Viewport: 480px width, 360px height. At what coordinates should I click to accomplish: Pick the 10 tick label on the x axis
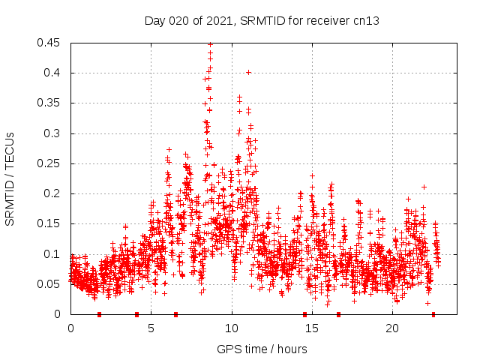tap(232, 329)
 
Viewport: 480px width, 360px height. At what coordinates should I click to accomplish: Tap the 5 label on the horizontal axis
tap(151, 329)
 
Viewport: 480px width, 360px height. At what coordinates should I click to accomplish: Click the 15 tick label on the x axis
tap(312, 329)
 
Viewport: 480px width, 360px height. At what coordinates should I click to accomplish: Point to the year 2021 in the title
tap(217, 20)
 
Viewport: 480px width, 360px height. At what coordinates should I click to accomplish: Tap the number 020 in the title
tap(179, 20)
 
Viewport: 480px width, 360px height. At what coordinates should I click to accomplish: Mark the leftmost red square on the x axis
tap(99, 314)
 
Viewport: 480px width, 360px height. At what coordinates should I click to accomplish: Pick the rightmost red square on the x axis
tap(433, 314)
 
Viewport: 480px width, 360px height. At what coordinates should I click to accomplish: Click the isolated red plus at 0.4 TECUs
tap(248, 72)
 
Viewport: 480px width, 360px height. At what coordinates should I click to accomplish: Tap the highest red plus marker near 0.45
tap(210, 44)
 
